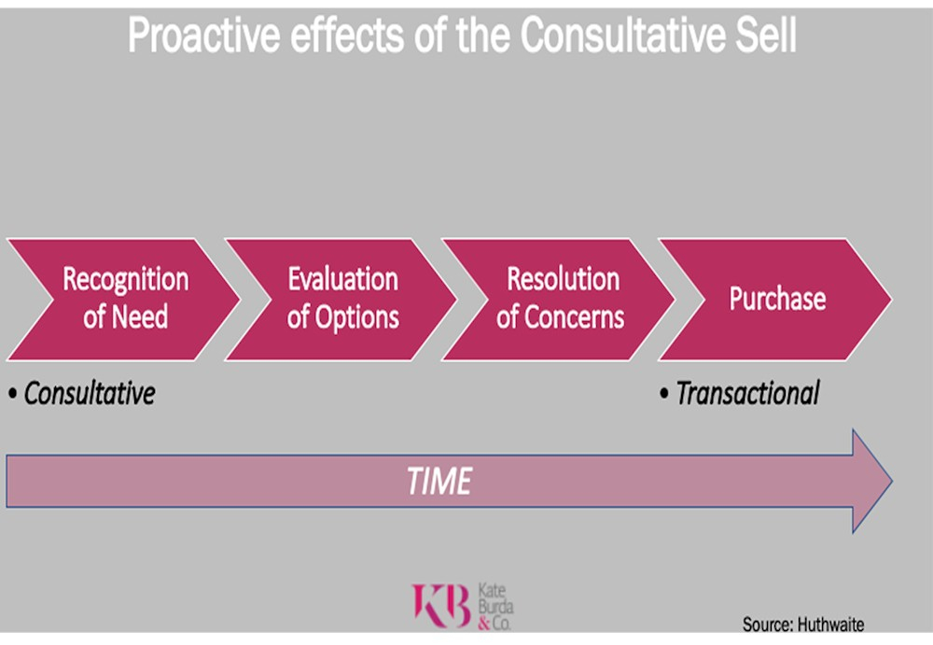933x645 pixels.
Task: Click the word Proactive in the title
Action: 203,35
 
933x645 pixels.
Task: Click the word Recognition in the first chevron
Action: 126,279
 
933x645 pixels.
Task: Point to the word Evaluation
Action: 342,279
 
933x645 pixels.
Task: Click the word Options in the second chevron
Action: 356,317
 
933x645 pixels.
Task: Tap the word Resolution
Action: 563,279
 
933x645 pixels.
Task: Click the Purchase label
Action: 777,299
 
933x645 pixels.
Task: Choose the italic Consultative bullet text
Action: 90,393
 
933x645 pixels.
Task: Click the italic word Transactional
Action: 747,393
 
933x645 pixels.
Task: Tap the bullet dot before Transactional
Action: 664,394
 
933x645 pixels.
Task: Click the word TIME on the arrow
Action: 439,482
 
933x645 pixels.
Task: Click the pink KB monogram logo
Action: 441,605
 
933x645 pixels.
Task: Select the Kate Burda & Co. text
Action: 495,607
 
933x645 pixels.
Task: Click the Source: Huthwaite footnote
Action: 802,624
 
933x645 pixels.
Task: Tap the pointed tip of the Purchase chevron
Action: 891,300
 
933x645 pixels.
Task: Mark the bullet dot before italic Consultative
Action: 12,394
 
